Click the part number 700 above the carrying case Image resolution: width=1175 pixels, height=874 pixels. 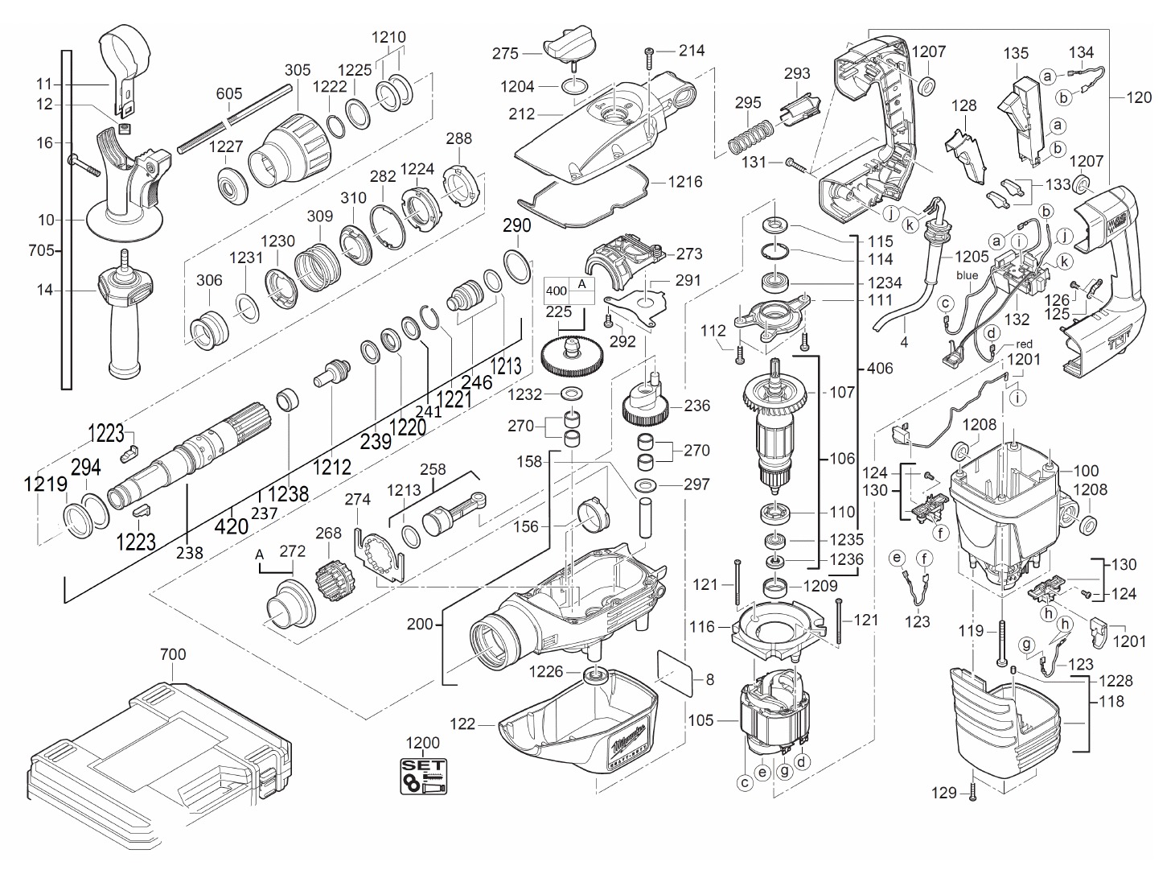[173, 654]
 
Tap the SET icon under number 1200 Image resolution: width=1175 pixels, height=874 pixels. [423, 776]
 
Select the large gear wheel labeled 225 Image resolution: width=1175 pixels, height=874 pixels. [572, 357]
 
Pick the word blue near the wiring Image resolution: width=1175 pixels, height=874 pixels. [967, 276]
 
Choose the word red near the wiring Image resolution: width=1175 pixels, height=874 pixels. [1024, 344]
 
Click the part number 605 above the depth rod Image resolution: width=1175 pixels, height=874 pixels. [229, 94]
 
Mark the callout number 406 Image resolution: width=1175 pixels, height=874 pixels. [880, 368]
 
